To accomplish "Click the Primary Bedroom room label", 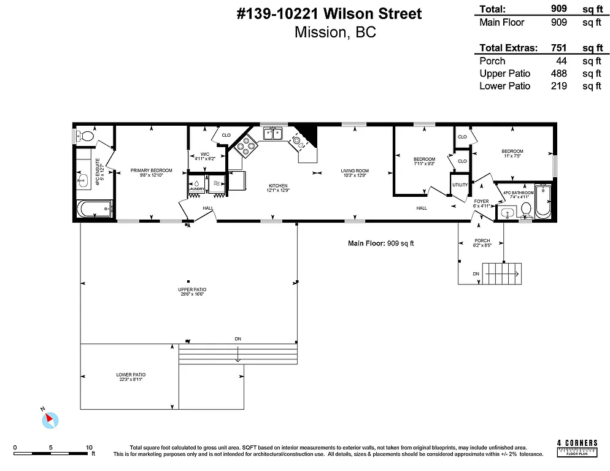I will click(151, 170).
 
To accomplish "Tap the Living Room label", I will click(355, 170).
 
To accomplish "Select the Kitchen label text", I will click(277, 186).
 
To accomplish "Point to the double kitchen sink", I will click(271, 133).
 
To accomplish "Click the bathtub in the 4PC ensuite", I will click(95, 209).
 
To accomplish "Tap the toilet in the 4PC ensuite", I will click(87, 136).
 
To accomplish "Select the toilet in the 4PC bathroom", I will click(525, 209).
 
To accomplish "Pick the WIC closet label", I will click(205, 154).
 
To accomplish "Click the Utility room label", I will click(460, 185).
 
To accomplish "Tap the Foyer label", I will click(481, 201).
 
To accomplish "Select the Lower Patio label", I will click(131, 374).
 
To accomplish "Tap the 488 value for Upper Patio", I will click(558, 74).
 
